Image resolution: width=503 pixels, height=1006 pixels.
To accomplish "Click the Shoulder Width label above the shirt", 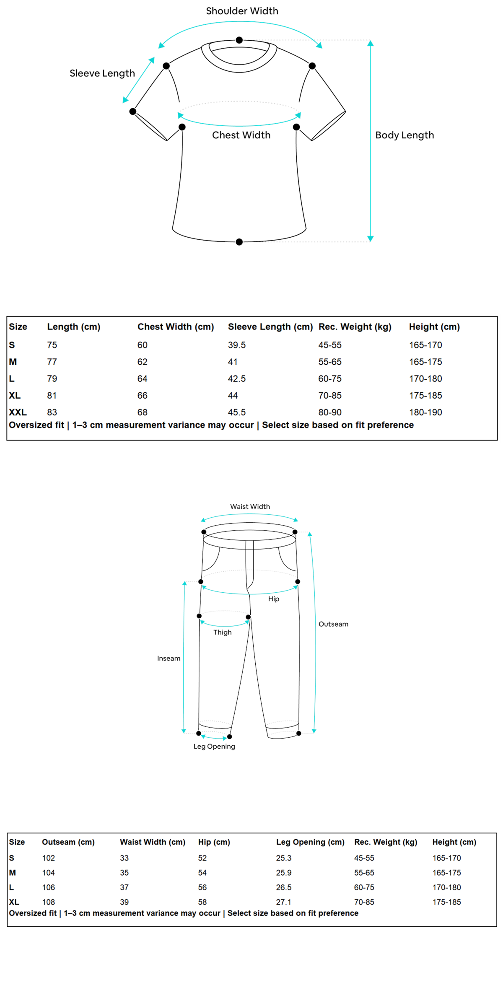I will click(x=242, y=11).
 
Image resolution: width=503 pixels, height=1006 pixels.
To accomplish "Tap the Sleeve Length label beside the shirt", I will click(x=102, y=73).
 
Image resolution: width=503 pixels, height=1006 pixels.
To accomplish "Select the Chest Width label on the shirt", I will click(x=241, y=135).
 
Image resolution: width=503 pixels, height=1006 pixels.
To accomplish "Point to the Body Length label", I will click(x=404, y=135).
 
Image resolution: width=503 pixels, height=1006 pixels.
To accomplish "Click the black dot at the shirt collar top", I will click(x=239, y=40).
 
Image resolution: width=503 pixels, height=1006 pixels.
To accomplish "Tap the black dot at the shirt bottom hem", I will click(x=239, y=242).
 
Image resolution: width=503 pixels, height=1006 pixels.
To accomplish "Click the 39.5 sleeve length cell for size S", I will click(x=237, y=345).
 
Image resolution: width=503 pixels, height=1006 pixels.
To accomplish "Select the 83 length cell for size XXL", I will click(x=52, y=412).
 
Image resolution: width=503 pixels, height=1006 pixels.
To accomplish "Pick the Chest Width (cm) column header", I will click(x=176, y=327).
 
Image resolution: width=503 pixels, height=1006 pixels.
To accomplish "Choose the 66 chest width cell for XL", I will click(x=143, y=395).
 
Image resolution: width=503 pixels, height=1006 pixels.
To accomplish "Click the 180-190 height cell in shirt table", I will click(x=425, y=412).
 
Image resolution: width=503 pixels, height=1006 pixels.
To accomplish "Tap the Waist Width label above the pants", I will click(x=250, y=507).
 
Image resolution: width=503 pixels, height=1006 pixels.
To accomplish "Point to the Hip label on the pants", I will click(x=274, y=599).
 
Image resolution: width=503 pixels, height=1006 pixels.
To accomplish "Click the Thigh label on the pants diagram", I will click(x=222, y=633).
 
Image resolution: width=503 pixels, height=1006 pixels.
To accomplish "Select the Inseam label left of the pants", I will click(x=169, y=659).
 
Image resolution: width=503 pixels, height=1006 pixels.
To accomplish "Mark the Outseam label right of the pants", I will click(x=333, y=624).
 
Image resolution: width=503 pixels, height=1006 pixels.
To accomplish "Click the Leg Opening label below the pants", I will click(x=214, y=747).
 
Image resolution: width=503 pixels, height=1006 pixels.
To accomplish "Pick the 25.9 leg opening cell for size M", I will click(x=284, y=873).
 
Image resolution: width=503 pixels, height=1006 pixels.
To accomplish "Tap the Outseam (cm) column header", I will click(x=68, y=842).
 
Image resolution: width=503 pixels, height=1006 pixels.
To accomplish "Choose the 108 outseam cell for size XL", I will click(x=49, y=902).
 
